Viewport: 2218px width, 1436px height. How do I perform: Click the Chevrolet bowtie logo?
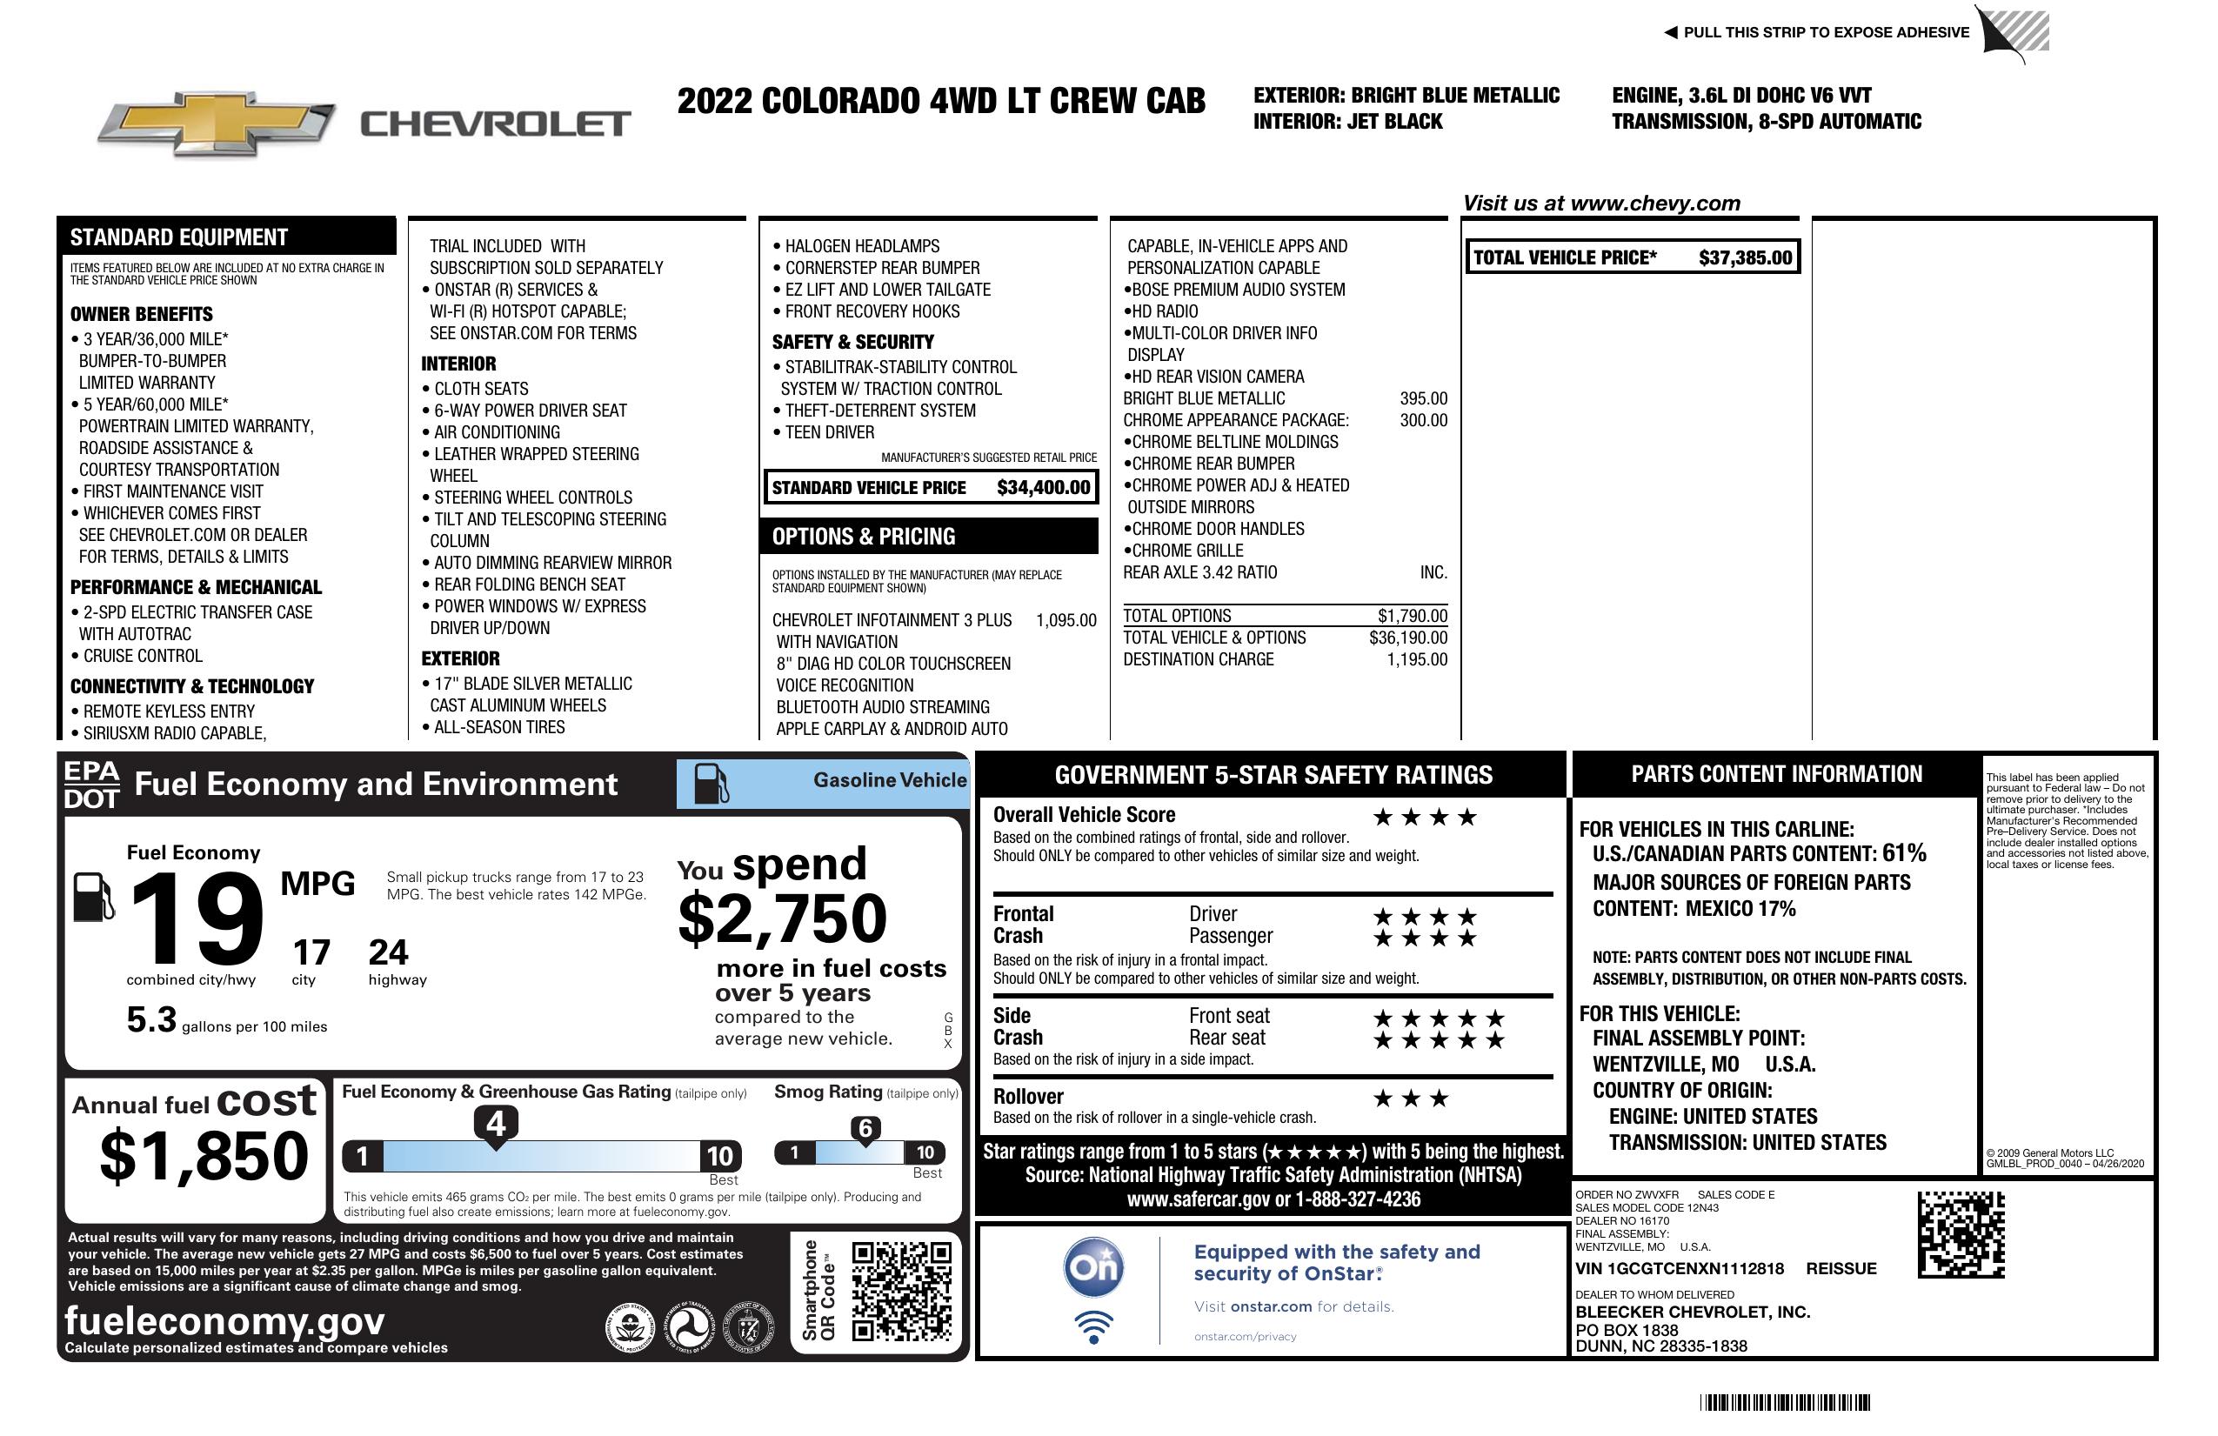click(x=217, y=123)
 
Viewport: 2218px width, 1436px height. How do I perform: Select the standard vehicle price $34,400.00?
click(x=1043, y=487)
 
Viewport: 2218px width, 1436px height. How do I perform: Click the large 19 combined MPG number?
click(x=197, y=918)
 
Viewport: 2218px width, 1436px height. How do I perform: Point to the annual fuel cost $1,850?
click(x=204, y=1156)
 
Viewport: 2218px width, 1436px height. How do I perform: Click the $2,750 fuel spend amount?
click(x=783, y=918)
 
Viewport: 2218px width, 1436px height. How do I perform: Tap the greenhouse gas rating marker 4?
click(x=496, y=1124)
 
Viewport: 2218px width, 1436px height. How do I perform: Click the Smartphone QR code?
click(x=901, y=1291)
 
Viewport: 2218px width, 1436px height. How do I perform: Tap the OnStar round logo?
click(x=1093, y=1267)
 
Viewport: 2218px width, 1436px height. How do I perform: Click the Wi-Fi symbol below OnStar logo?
click(x=1093, y=1327)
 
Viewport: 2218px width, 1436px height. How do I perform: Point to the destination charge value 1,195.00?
click(x=1417, y=660)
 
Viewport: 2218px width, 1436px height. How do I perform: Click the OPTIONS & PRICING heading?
click(x=863, y=537)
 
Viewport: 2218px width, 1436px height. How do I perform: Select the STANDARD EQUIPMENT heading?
click(x=179, y=237)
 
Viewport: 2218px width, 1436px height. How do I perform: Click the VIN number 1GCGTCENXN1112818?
click(x=1680, y=1268)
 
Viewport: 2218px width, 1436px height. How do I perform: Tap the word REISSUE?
click(x=1841, y=1268)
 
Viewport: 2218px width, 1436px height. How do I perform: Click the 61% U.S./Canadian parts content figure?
click(x=1903, y=852)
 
